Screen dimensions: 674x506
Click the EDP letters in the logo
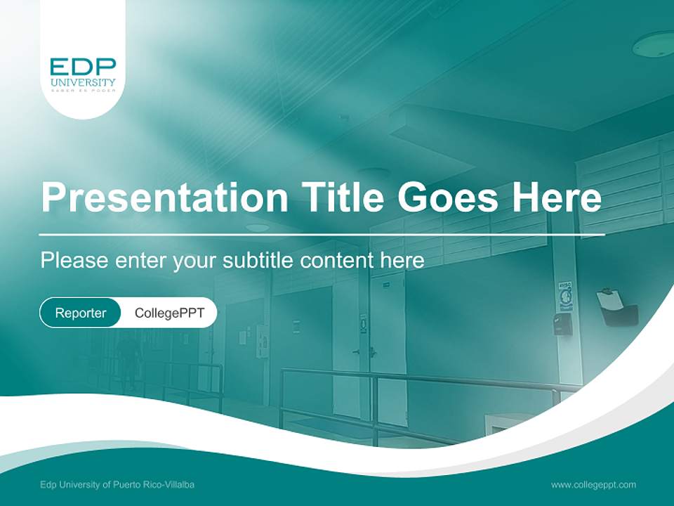[x=83, y=67]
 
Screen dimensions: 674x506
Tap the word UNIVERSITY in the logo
[x=83, y=82]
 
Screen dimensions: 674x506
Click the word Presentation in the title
[x=164, y=197]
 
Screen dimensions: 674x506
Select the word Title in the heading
[x=343, y=196]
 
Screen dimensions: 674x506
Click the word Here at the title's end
[x=557, y=197]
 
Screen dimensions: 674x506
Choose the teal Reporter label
[x=80, y=313]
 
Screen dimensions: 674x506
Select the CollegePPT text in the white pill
[x=169, y=313]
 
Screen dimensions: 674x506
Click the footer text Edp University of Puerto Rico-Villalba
[x=117, y=485]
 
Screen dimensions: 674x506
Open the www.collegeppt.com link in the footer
[x=594, y=486]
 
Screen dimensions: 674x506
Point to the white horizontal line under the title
[x=322, y=235]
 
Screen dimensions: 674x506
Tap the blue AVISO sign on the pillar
[x=565, y=297]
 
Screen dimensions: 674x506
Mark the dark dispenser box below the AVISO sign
[x=562, y=324]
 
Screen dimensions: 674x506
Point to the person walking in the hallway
[x=129, y=359]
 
